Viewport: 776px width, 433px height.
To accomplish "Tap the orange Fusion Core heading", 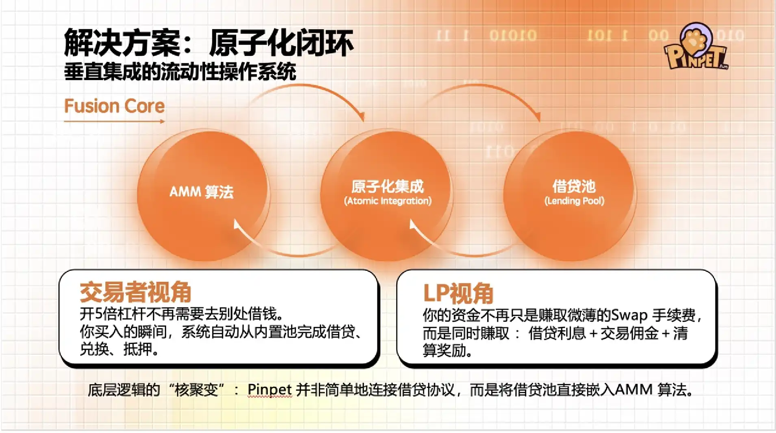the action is [x=115, y=106].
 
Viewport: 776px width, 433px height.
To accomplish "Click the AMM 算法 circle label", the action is [x=202, y=192].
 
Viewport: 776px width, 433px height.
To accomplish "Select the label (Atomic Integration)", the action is [x=388, y=201].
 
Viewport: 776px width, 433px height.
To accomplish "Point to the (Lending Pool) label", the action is [x=574, y=201].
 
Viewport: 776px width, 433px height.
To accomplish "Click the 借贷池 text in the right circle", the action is [x=574, y=186].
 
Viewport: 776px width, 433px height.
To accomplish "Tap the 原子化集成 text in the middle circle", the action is [x=388, y=186].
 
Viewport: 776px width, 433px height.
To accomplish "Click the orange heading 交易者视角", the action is [x=135, y=292].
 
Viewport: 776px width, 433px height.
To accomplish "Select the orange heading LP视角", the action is [x=458, y=293].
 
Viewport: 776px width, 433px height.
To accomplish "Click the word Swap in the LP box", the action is [x=629, y=315].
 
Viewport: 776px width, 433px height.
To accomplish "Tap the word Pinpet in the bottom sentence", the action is [x=269, y=390].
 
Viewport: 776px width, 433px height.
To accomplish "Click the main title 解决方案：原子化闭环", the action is [x=209, y=42].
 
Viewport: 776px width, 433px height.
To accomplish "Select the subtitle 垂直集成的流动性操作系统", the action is [x=180, y=72].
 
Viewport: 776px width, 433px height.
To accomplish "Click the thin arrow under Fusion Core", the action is [x=115, y=121].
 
